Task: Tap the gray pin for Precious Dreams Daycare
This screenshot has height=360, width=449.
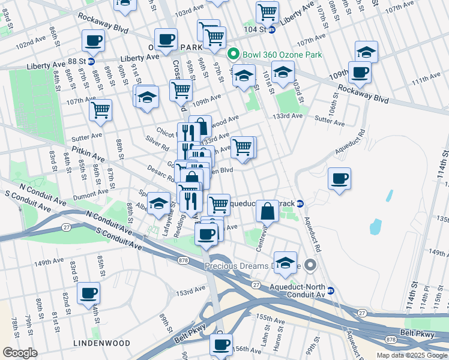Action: point(310,265)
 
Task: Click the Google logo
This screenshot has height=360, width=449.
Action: point(20,353)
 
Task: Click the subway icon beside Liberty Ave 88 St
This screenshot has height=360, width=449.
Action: point(91,61)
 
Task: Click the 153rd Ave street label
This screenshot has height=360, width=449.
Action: point(191,292)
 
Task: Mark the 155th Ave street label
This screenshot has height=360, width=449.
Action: point(269,317)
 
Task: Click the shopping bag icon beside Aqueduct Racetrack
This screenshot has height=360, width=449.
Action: point(268,211)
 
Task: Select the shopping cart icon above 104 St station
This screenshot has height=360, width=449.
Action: point(267,11)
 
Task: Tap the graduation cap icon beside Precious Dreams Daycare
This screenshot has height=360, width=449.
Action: point(285,262)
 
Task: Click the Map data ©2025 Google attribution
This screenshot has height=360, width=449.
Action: point(412,355)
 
